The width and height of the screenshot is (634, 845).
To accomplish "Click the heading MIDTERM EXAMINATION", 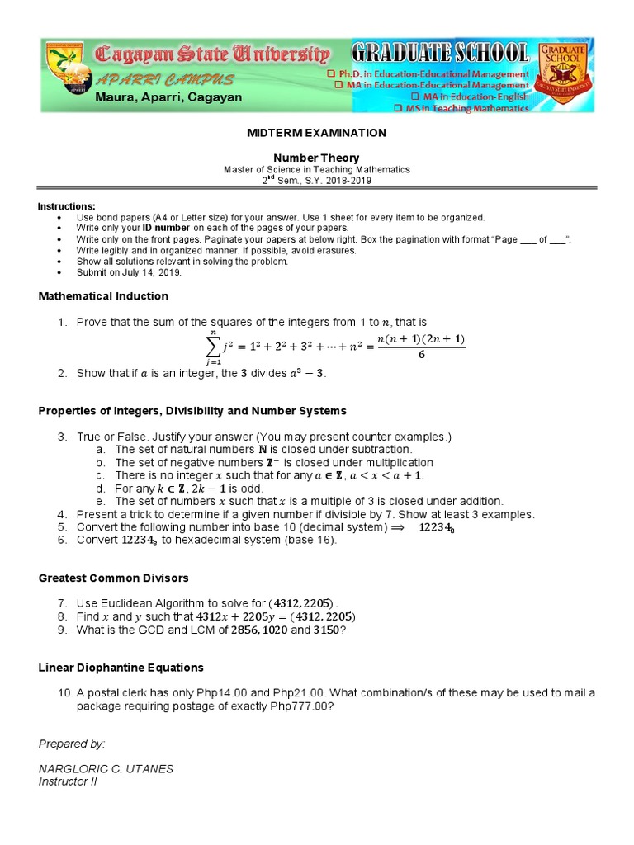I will (317, 133).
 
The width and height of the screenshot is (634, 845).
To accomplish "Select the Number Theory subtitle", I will (317, 158).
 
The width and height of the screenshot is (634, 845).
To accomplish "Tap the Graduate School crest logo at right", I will (563, 75).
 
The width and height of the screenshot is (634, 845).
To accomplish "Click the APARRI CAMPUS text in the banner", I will (164, 80).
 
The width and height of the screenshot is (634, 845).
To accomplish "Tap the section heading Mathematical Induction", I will (103, 296).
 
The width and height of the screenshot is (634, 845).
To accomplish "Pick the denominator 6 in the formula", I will (421, 355).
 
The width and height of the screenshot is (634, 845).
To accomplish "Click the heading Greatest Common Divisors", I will (114, 578).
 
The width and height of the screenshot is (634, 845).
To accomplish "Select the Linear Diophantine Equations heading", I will (121, 668).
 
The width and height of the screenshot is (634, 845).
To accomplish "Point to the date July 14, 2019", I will (150, 272).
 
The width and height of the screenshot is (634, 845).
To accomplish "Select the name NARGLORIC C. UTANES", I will (106, 769).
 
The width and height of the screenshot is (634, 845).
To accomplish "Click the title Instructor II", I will (68, 781).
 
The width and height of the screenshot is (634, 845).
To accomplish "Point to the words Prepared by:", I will (72, 744).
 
